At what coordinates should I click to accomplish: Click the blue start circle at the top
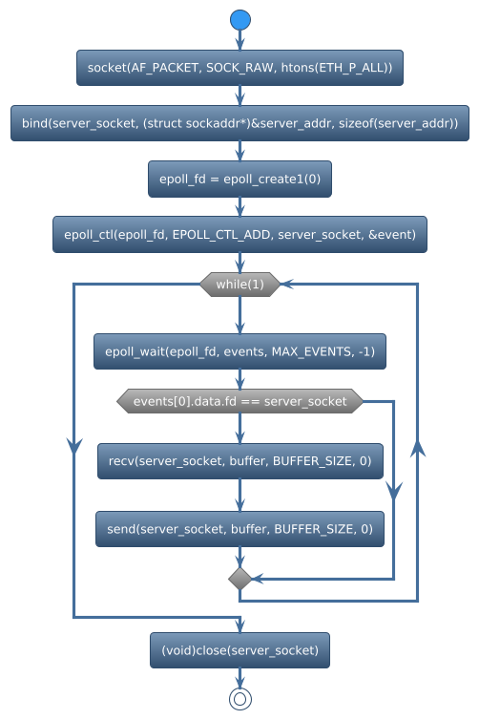point(239,20)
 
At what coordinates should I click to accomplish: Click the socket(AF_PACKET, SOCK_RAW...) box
point(239,68)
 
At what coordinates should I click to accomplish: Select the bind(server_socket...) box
point(239,123)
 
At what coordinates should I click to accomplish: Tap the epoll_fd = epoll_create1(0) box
point(239,179)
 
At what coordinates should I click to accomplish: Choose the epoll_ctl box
point(239,234)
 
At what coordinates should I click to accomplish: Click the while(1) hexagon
point(239,285)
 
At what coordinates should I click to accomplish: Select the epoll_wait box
point(239,351)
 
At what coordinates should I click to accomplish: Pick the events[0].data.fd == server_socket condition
point(239,401)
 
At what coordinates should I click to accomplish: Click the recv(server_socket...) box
point(239,461)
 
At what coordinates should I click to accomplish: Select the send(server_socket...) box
point(239,528)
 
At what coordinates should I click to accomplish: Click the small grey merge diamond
point(239,579)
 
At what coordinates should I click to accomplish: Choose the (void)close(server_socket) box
point(239,650)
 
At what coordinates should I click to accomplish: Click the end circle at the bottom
point(239,699)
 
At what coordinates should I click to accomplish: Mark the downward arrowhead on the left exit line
point(73,445)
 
